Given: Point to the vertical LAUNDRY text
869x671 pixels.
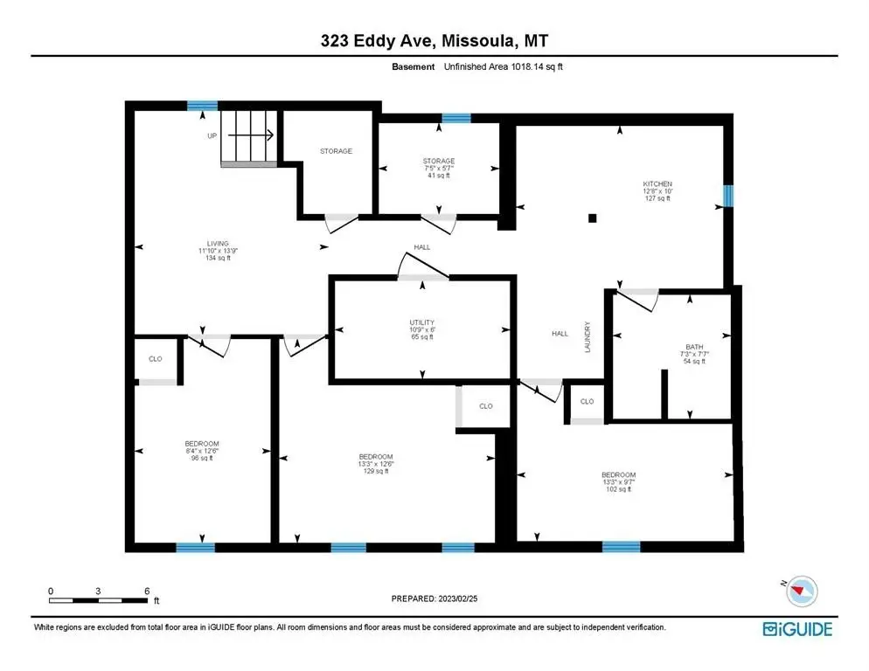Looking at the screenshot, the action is (x=587, y=337).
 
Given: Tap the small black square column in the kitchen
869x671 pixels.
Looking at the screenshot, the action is (x=593, y=218).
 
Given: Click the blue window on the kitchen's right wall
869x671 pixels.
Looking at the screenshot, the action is (x=728, y=196).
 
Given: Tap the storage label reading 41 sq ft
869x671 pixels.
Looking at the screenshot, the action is (x=439, y=169).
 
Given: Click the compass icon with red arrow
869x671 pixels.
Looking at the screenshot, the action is (x=802, y=591).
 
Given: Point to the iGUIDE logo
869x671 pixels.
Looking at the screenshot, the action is (x=797, y=629).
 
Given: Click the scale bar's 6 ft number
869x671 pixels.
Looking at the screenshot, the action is (x=147, y=591).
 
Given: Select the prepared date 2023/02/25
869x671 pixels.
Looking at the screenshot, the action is (x=458, y=598).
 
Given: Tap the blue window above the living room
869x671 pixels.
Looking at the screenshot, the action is (x=202, y=106).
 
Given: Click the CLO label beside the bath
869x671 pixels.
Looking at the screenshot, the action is (x=587, y=401).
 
